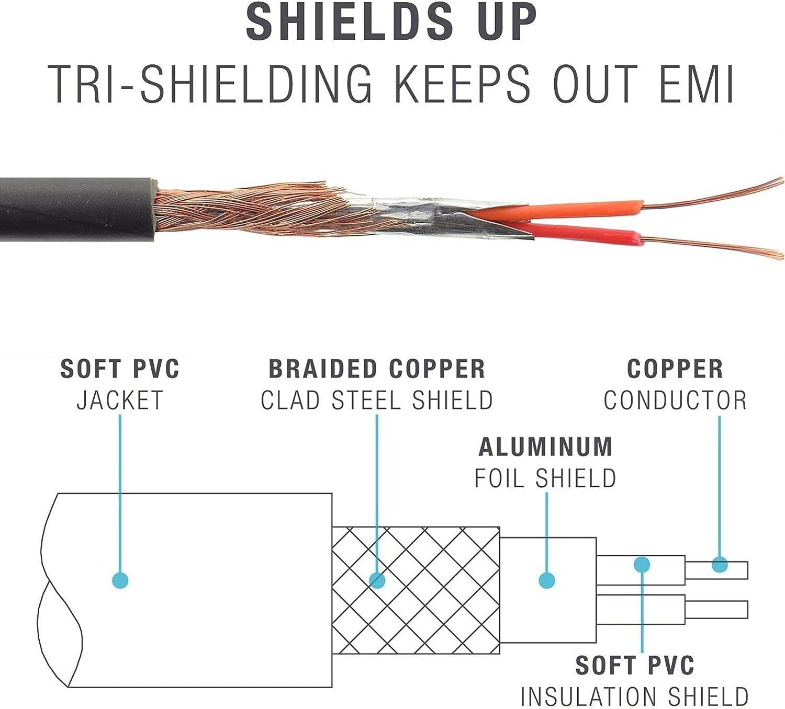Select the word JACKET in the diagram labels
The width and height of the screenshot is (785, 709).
click(x=120, y=401)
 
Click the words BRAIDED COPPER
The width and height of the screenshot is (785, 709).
click(x=377, y=369)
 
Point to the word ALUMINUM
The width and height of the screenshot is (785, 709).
click(x=545, y=447)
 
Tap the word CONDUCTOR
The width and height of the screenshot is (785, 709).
click(x=675, y=401)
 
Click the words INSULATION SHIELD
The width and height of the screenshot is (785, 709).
click(x=634, y=696)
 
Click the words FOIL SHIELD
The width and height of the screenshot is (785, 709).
click(x=545, y=478)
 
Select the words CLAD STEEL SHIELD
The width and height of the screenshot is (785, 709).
click(x=377, y=401)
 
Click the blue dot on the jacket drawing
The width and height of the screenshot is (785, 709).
click(x=120, y=580)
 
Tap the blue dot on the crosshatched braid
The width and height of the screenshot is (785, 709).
click(x=377, y=580)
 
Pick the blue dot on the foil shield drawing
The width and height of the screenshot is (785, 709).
click(x=546, y=580)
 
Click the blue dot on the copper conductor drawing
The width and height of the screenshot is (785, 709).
click(x=720, y=565)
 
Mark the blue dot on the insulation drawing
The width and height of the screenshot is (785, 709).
click(x=642, y=564)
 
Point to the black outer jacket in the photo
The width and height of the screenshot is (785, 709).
click(x=73, y=209)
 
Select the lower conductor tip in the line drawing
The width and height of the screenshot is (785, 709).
click(x=717, y=610)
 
